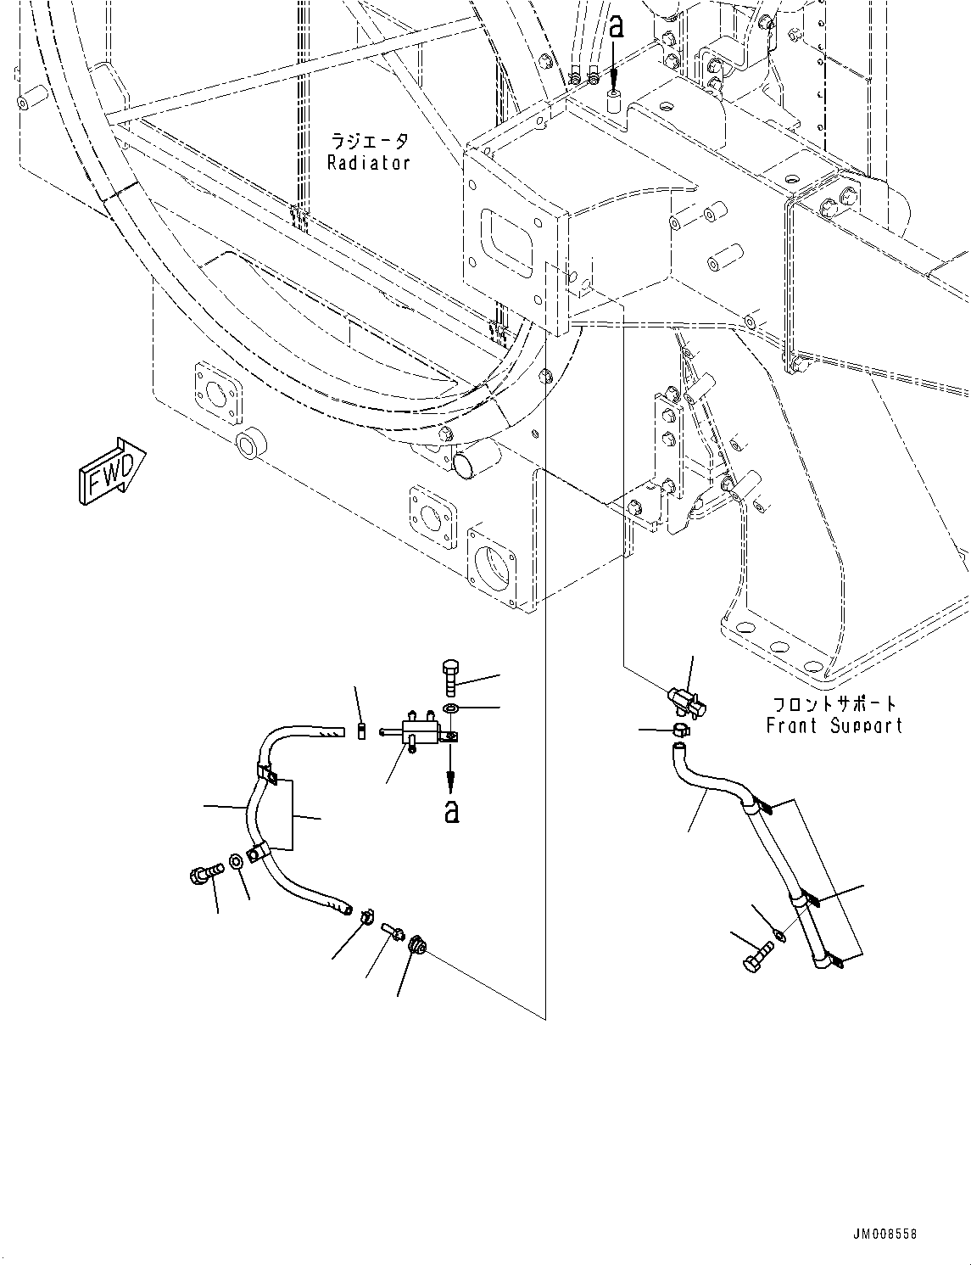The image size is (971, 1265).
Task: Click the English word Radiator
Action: click(x=369, y=163)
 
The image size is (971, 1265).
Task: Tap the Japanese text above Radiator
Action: click(x=369, y=141)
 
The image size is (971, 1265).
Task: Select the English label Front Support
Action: click(x=834, y=725)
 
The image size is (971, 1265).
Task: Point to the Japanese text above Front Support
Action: click(x=834, y=704)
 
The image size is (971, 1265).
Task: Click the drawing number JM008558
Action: click(x=885, y=1234)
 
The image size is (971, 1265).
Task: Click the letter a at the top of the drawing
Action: click(x=617, y=27)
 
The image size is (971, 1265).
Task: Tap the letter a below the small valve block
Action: click(x=452, y=810)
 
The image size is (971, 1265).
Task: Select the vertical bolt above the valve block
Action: click(x=449, y=678)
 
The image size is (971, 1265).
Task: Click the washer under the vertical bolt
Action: click(x=450, y=708)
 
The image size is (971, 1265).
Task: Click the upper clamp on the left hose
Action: click(x=267, y=774)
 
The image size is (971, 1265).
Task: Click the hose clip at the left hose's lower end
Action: click(x=367, y=916)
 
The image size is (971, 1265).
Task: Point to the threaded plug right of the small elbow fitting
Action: click(x=416, y=944)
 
